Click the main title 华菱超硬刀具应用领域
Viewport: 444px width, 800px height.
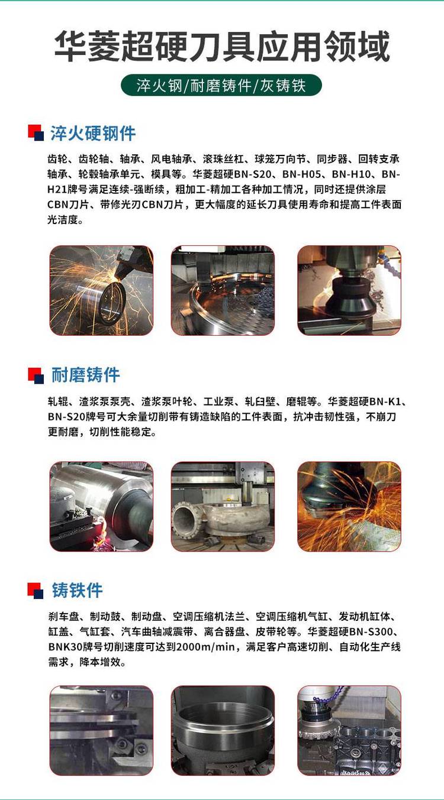221,47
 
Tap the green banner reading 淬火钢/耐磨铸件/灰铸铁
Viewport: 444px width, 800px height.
221,85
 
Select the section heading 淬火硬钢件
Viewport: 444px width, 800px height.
93,134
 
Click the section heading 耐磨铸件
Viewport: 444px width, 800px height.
85,375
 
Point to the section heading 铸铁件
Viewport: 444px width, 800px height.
77,590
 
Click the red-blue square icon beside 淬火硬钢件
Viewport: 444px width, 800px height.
36,132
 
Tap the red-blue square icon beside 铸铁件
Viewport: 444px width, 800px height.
36,590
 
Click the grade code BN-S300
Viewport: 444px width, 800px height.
371,631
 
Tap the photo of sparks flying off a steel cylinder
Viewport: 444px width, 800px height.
101,290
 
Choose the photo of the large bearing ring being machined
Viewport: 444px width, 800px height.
223,290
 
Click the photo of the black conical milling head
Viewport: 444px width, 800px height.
349,290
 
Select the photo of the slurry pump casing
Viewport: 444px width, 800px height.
223,506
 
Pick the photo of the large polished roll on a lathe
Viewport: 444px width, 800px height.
101,506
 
